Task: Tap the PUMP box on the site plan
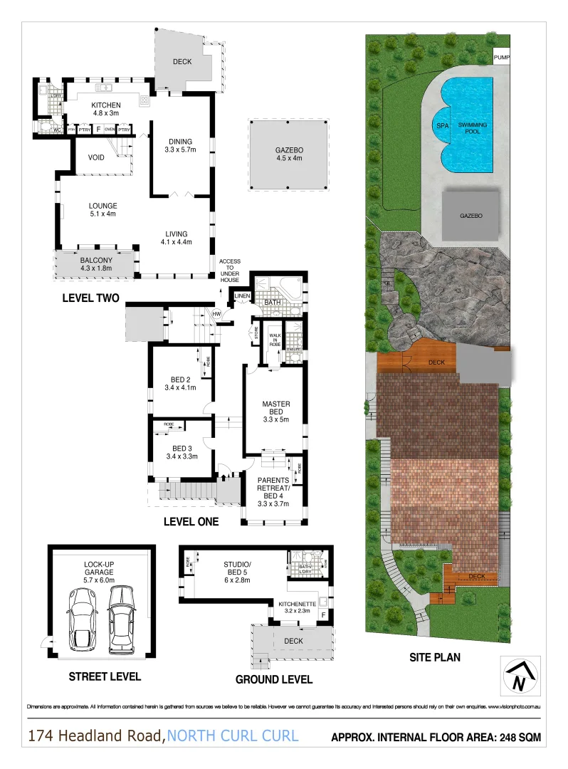[502, 58]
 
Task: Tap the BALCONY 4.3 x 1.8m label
[94, 264]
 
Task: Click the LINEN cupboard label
[242, 295]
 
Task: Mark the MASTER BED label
[275, 409]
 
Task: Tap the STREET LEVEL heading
[104, 676]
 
